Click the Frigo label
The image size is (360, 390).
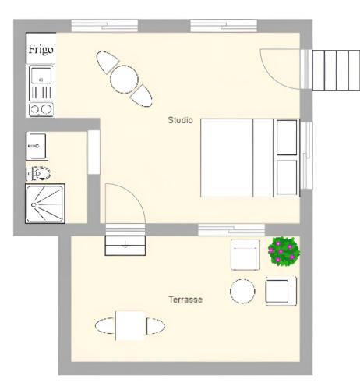point(41,49)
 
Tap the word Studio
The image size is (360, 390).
point(180,120)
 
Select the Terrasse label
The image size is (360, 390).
point(185,300)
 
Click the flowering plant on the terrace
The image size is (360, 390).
point(284,251)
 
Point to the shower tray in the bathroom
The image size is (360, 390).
point(45,204)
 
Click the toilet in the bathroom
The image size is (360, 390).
point(39,173)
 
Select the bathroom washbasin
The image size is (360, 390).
point(36,146)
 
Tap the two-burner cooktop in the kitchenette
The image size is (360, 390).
point(41,109)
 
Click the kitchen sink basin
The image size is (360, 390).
point(41,75)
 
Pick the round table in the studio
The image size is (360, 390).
point(124,80)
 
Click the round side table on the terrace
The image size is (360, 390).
point(242,292)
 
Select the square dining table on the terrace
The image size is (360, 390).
point(130,326)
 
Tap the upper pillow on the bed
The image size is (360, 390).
point(287,137)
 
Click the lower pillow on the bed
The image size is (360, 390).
point(287,177)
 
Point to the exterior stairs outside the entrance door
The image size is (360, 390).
point(336,70)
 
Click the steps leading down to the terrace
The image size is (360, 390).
point(125,246)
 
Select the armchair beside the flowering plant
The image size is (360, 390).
point(245,255)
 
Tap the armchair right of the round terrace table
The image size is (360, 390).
point(281,291)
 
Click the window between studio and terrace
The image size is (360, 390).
point(231,230)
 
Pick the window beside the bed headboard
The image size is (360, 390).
point(306,155)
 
